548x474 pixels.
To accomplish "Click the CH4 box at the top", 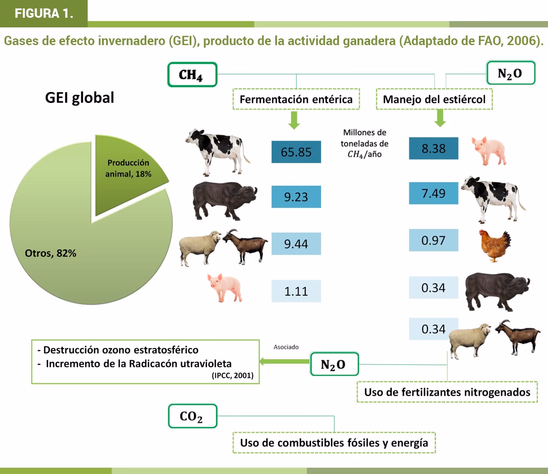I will [x=192, y=75].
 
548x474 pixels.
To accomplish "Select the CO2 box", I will [x=192, y=416].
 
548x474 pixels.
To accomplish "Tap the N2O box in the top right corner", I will [x=510, y=73].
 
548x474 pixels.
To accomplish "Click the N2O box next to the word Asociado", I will [x=334, y=364].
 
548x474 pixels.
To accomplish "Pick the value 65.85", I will [x=296, y=152].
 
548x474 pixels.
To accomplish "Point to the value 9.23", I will [x=296, y=197].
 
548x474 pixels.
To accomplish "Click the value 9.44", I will [x=296, y=244].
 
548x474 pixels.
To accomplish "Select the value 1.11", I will [x=296, y=291].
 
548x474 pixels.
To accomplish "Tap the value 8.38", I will [x=433, y=148].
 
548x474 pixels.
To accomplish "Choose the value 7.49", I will [x=433, y=194].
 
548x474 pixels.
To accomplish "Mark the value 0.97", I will [x=433, y=240].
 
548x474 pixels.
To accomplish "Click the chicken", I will [x=495, y=245].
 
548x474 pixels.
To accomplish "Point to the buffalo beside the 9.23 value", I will [x=223, y=200].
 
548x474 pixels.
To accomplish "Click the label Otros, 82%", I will [x=51, y=253].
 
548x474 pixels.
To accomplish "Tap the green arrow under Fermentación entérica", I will [x=294, y=120].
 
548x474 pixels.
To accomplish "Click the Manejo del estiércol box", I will [x=434, y=100].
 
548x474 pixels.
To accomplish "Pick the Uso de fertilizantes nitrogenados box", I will [x=447, y=392].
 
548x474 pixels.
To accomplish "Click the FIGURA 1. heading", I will [x=44, y=13].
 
